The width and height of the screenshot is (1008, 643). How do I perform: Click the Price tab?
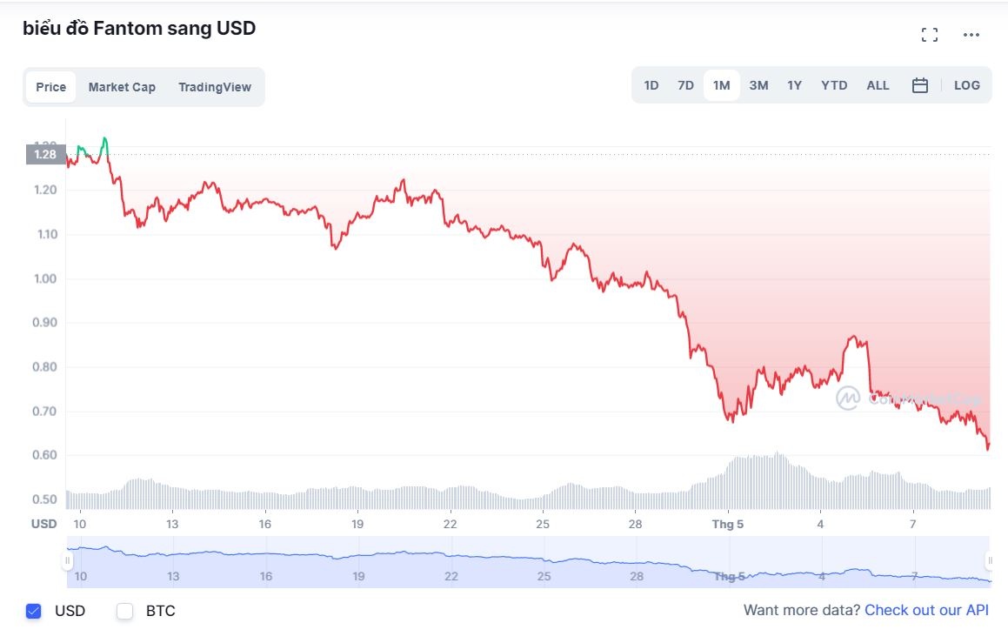click(51, 87)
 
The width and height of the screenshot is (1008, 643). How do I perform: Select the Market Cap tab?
click(122, 87)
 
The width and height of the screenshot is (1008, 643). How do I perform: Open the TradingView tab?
click(215, 87)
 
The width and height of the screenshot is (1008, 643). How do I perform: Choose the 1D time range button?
click(651, 85)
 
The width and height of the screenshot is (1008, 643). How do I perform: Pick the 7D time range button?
click(685, 85)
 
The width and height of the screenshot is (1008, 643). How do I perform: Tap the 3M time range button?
click(758, 85)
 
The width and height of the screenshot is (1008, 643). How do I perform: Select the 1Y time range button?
click(794, 85)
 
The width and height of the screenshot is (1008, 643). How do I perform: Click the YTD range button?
click(834, 85)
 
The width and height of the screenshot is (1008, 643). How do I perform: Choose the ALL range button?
click(878, 85)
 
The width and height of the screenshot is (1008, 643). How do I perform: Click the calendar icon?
click(920, 85)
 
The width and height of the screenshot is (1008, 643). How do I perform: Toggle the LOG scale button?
click(966, 85)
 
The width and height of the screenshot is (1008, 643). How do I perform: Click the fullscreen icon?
click(930, 35)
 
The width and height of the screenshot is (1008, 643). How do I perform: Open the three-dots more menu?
click(971, 35)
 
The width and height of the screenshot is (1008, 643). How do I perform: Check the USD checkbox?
click(34, 611)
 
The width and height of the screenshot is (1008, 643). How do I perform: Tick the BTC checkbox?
click(125, 611)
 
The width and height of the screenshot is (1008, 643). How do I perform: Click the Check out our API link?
click(926, 611)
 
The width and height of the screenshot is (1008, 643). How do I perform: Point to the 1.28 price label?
click(45, 155)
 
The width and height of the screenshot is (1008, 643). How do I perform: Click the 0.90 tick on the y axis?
click(45, 323)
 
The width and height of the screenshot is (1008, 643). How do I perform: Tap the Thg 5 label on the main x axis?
click(728, 524)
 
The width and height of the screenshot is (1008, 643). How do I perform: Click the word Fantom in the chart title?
click(127, 28)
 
